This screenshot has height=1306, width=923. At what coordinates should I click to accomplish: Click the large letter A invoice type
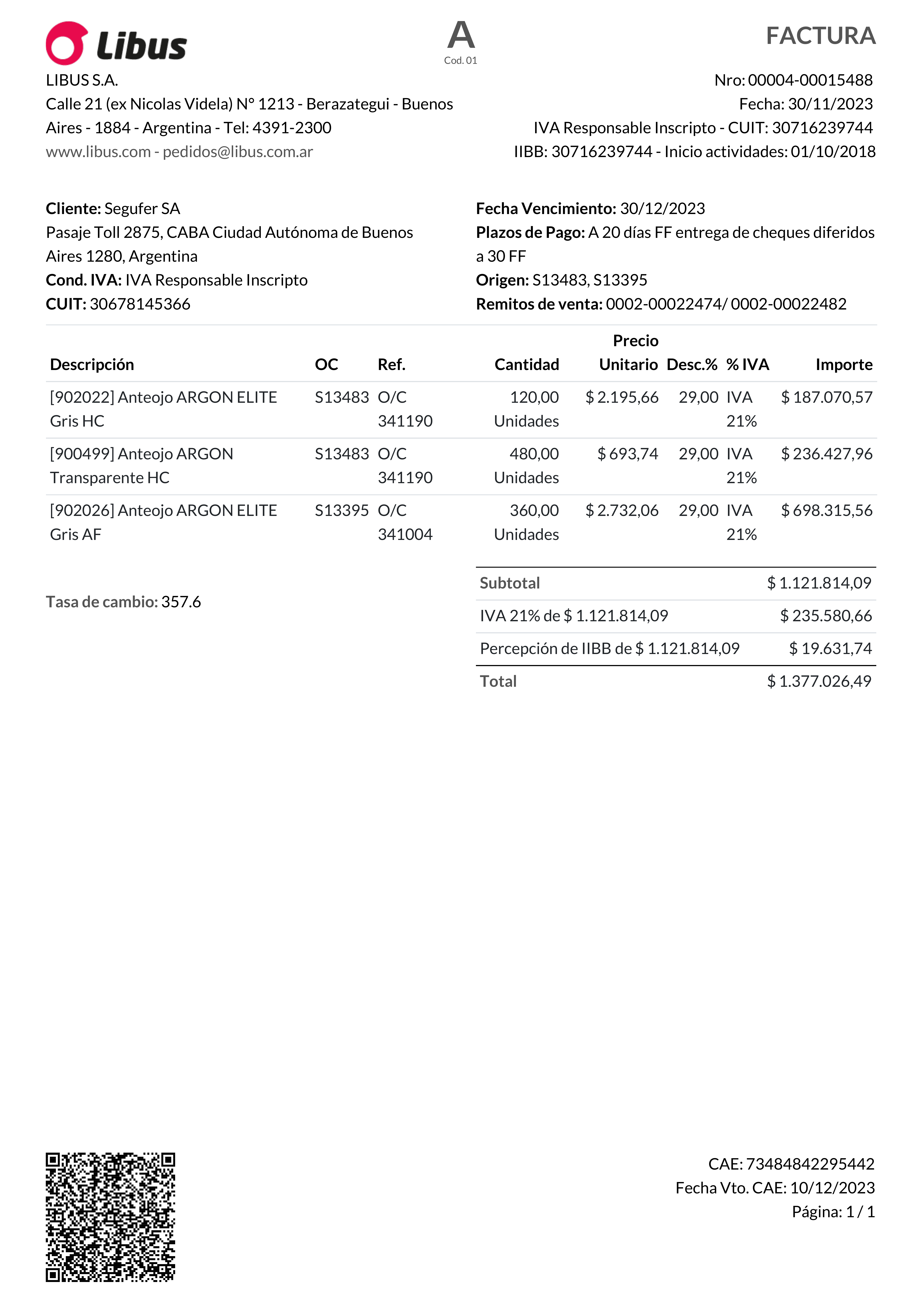pyautogui.click(x=461, y=35)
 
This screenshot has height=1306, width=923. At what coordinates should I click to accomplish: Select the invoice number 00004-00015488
pyautogui.click(x=810, y=80)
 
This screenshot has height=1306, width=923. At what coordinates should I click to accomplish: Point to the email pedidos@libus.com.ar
pyautogui.click(x=238, y=152)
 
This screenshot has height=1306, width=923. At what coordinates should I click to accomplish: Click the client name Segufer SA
pyautogui.click(x=142, y=209)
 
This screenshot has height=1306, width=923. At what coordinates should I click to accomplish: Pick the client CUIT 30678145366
pyautogui.click(x=140, y=304)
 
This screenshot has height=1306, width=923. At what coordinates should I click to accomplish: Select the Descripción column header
pyautogui.click(x=92, y=365)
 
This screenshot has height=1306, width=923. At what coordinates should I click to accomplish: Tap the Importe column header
pyautogui.click(x=843, y=365)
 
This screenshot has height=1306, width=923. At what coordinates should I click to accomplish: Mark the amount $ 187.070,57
pyautogui.click(x=826, y=398)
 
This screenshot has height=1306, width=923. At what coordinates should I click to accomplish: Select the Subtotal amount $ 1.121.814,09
pyautogui.click(x=819, y=583)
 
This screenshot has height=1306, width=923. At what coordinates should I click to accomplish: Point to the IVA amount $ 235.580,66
pyautogui.click(x=826, y=616)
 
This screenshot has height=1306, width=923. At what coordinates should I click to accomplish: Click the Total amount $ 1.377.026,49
pyautogui.click(x=819, y=681)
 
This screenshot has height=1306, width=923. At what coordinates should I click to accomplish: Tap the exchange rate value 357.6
pyautogui.click(x=181, y=602)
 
